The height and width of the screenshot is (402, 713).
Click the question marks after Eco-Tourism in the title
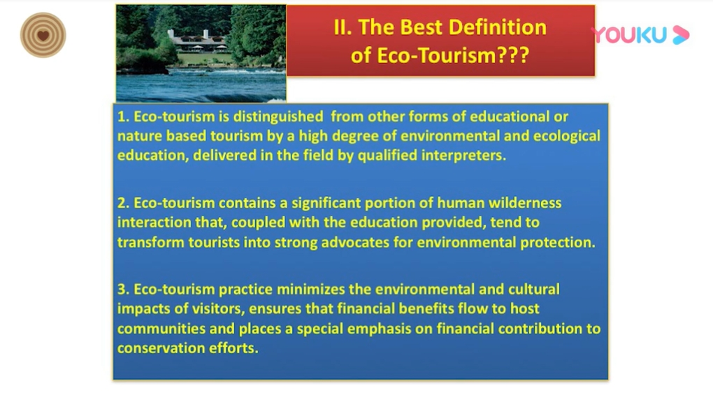(513, 55)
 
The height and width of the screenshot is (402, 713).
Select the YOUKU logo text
(629, 35)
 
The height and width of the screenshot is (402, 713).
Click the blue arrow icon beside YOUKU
(681, 35)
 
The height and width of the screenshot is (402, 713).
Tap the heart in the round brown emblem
(43, 36)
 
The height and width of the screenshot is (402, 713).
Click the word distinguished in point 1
(278, 117)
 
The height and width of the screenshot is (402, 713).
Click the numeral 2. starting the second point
(123, 202)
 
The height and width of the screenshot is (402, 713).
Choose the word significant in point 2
(326, 202)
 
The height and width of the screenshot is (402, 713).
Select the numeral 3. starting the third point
(123, 290)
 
